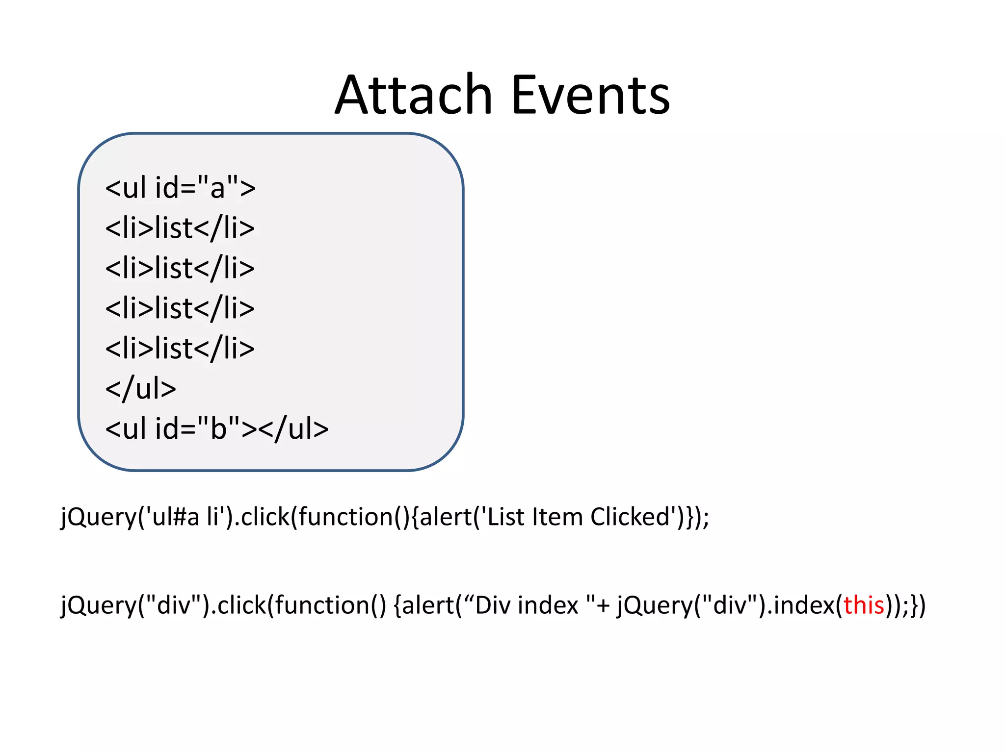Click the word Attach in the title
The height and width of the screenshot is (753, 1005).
[413, 95]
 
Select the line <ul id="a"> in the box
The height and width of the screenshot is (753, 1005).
[180, 188]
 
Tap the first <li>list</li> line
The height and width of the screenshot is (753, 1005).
[180, 228]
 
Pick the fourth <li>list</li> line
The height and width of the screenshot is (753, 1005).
[180, 349]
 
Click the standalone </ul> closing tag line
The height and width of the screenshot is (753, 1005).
[140, 389]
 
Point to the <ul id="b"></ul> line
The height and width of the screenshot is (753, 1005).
[216, 429]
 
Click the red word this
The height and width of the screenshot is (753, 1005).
[864, 605]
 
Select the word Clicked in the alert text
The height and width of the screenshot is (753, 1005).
[630, 517]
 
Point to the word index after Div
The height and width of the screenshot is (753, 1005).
[548, 605]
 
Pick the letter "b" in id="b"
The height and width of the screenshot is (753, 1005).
[218, 429]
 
